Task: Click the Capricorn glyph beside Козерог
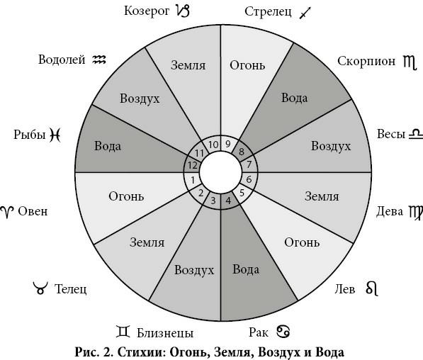[182, 11]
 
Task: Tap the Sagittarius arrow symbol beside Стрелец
[305, 13]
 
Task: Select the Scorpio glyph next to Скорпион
[410, 62]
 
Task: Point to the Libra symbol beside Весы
[416, 135]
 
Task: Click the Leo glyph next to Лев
[372, 288]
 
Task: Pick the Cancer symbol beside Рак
[283, 332]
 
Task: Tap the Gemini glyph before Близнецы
[123, 332]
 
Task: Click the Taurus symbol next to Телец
[40, 288]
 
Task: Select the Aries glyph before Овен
[7, 212]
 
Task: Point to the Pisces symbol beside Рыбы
[55, 135]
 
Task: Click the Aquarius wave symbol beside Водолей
[99, 60]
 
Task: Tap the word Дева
[389, 211]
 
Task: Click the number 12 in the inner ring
[192, 165]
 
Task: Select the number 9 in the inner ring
[228, 144]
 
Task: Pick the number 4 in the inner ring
[228, 201]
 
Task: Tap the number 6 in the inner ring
[249, 179]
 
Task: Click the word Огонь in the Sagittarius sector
[247, 65]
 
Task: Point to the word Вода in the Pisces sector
[108, 146]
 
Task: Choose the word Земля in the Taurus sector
[147, 242]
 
